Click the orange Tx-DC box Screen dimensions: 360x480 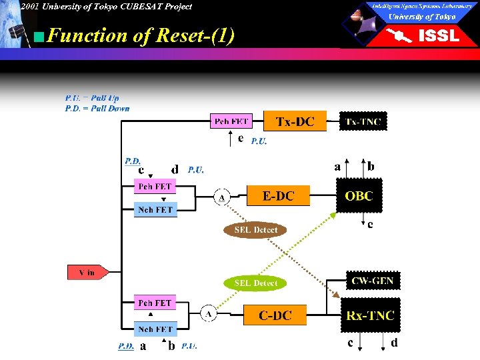[x=294, y=121]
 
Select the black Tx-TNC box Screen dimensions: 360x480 [x=363, y=121]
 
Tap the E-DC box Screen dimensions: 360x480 [x=278, y=196]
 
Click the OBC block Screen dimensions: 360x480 [x=359, y=196]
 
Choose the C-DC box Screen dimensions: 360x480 [x=275, y=315]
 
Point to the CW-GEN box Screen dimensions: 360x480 [x=372, y=281]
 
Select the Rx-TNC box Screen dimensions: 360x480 [x=370, y=315]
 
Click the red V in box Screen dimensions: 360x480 [x=86, y=273]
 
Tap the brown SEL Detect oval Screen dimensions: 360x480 [x=256, y=230]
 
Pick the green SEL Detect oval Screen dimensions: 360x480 [x=256, y=283]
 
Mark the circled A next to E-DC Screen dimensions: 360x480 [x=221, y=197]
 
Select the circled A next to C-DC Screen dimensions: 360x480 [x=208, y=314]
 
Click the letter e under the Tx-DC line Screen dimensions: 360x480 [x=241, y=139]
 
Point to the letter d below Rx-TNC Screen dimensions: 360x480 [x=393, y=343]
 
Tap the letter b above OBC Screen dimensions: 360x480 [x=371, y=167]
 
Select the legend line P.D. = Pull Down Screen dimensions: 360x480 [x=97, y=108]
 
